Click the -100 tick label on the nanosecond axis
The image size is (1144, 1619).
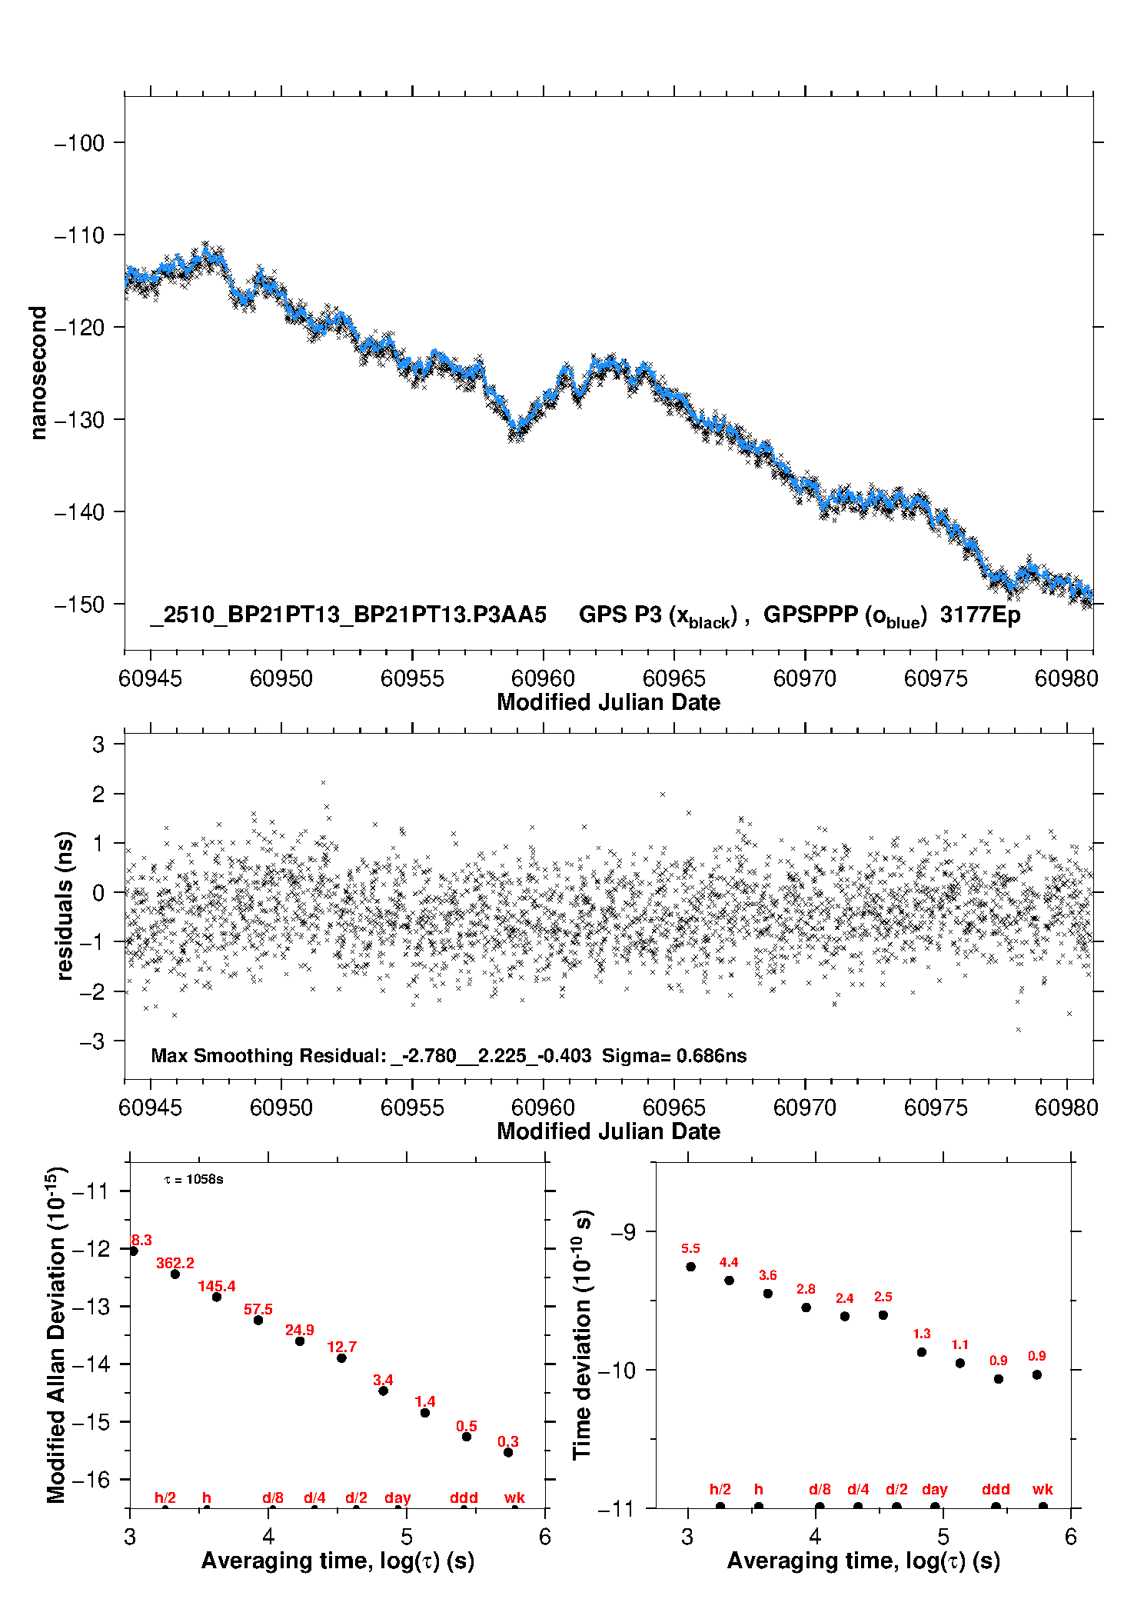pos(79,143)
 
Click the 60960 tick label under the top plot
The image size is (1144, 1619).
pos(543,678)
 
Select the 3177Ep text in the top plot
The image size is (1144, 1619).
pos(980,615)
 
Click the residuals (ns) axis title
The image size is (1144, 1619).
pos(65,905)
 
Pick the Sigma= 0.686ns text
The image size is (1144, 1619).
pos(673,1055)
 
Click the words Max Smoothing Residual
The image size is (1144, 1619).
pos(268,1055)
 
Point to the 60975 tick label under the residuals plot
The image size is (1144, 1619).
pos(936,1108)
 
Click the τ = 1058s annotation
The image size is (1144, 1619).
pos(194,1179)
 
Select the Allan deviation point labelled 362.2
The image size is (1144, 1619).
pos(175,1274)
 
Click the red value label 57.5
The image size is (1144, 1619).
pos(258,1309)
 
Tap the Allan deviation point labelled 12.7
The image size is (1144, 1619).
pos(341,1357)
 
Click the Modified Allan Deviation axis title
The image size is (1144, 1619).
pos(56,1334)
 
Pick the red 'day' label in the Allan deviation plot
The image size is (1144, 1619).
pos(397,1497)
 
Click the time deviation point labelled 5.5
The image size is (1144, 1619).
pos(690,1266)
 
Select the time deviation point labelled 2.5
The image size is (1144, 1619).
pos(883,1314)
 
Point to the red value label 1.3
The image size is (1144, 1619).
pos(922,1334)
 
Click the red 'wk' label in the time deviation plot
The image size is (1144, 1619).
pos(1043,1489)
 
